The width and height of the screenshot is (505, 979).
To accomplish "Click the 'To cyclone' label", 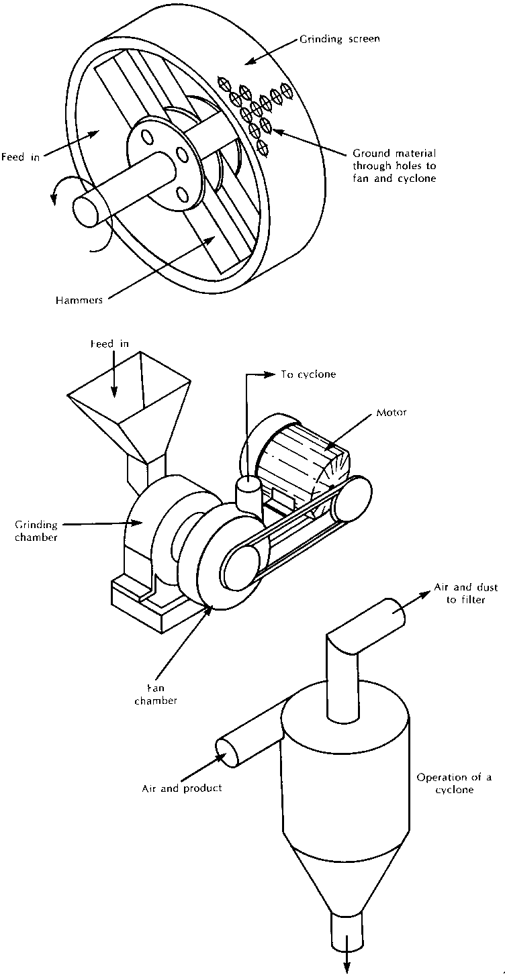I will click(x=307, y=374).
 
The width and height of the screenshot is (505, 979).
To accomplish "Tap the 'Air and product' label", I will click(x=181, y=788).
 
